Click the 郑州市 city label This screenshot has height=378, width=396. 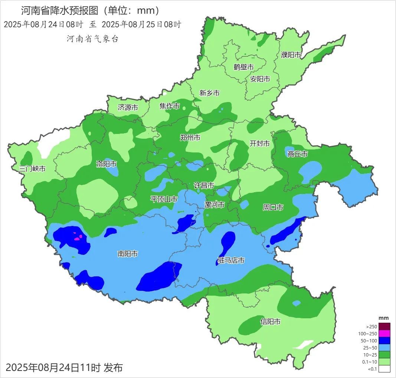pos(190,138)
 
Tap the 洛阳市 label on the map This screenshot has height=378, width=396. pos(107,164)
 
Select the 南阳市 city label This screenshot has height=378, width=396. pos(128,254)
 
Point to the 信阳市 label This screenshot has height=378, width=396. pos(270,322)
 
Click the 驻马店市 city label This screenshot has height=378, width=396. pos(231,261)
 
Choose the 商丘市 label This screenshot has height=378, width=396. pos(297,154)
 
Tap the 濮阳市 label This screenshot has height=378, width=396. pos(291,55)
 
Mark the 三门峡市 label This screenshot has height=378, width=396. pos(33,168)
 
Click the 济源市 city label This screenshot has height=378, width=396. pos(128,108)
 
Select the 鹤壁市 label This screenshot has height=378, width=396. pos(244,67)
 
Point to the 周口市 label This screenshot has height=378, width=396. pos(273,207)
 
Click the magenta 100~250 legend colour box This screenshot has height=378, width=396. pos(384,333)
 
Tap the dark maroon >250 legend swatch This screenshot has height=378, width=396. pos(384,326)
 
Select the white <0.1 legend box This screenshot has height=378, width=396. pos(384,368)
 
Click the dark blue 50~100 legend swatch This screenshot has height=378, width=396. pos(384,341)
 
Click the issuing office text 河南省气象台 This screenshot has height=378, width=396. pos(93,39)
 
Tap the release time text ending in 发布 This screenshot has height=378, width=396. pos(64,368)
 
